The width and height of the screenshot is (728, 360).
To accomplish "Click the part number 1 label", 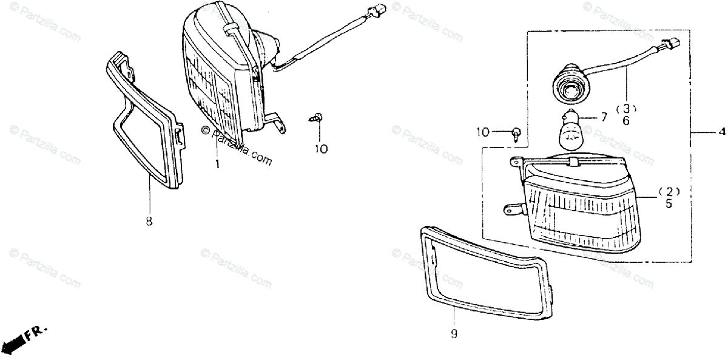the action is (217, 164).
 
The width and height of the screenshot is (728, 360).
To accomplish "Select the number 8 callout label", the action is (149, 222).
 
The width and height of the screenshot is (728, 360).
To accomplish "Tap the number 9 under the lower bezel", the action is (453, 333).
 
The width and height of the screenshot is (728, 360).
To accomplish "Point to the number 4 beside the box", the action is (721, 131).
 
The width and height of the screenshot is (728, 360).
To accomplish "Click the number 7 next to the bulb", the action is (604, 117).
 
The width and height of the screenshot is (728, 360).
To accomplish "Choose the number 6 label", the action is (625, 121).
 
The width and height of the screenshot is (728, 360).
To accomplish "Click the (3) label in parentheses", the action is (625, 109).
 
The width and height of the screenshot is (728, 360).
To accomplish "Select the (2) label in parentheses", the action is (669, 192).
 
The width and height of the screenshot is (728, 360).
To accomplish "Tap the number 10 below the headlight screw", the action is (321, 149).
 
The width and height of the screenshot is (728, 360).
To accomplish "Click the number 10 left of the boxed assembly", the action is (482, 131).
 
